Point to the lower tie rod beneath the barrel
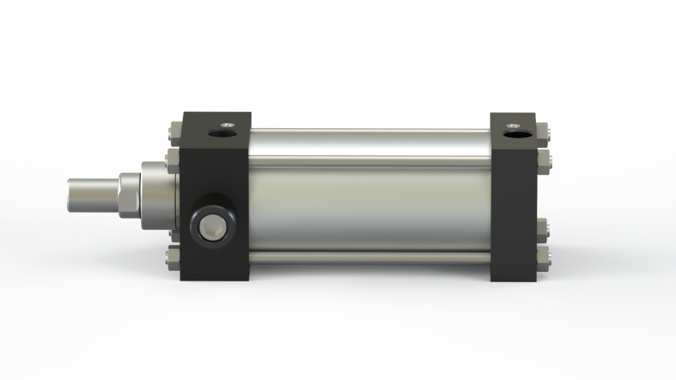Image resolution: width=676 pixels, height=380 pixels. pos(370,258)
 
